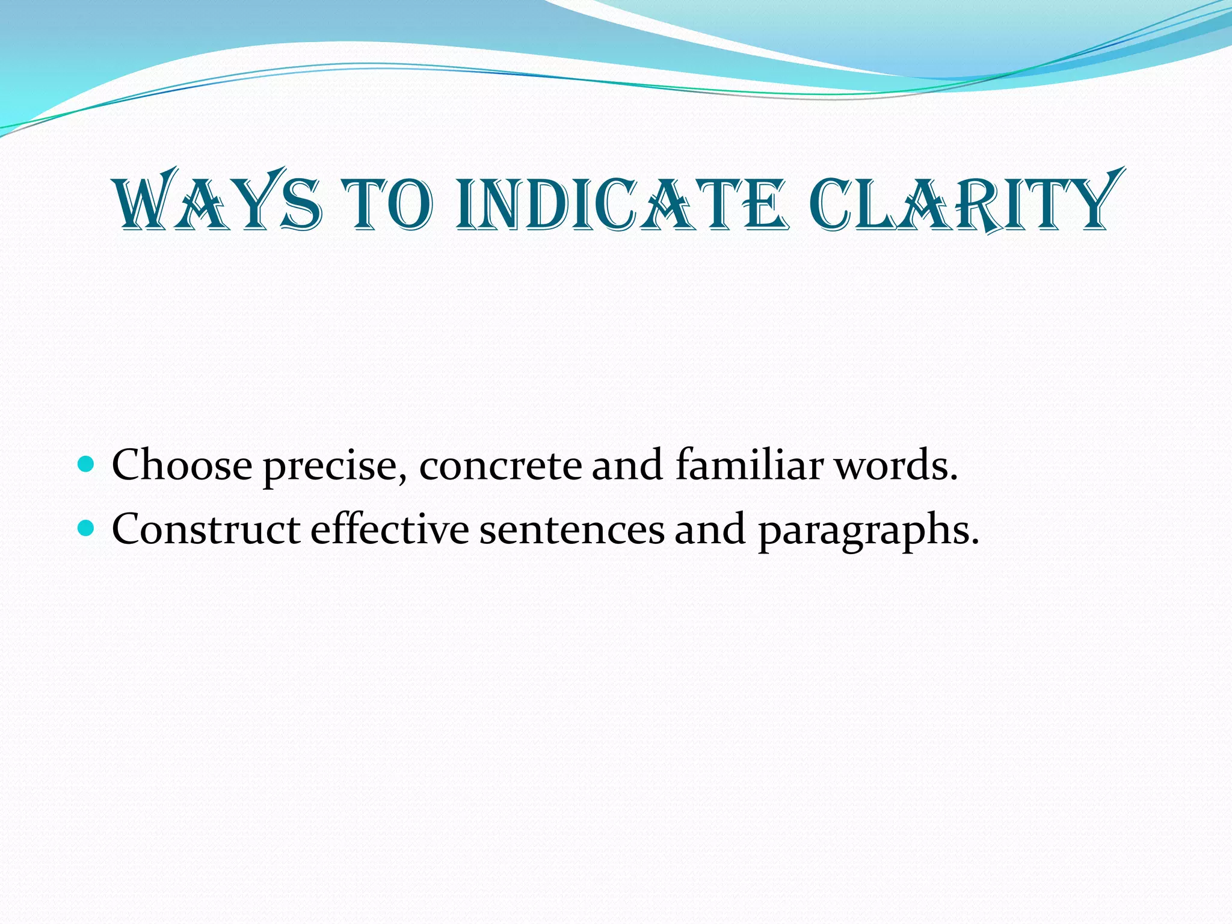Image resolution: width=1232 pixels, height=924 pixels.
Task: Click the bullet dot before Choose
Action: (87, 463)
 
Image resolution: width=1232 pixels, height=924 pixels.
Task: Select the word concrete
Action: (500, 466)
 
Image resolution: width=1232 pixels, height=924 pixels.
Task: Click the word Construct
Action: (206, 529)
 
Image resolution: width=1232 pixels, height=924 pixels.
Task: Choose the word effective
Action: (389, 529)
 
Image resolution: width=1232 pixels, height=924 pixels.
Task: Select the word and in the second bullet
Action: (710, 529)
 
